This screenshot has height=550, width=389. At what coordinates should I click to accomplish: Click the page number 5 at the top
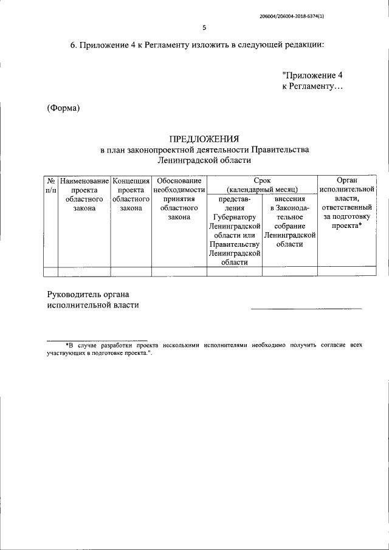[x=204, y=28]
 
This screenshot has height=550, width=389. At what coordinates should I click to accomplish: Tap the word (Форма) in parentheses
[x=64, y=108]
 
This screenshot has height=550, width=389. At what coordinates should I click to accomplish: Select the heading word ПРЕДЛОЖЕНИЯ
[x=204, y=139]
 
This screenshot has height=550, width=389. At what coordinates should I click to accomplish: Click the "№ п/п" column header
[x=51, y=186]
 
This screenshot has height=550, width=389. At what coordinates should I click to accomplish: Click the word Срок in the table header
[x=262, y=180]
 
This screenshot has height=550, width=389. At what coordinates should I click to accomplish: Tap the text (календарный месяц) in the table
[x=262, y=190]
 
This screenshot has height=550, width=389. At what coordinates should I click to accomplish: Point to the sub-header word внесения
[x=289, y=199]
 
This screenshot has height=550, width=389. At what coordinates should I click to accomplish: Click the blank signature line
[x=306, y=309]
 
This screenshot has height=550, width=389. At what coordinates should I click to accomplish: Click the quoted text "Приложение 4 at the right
[x=314, y=76]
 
